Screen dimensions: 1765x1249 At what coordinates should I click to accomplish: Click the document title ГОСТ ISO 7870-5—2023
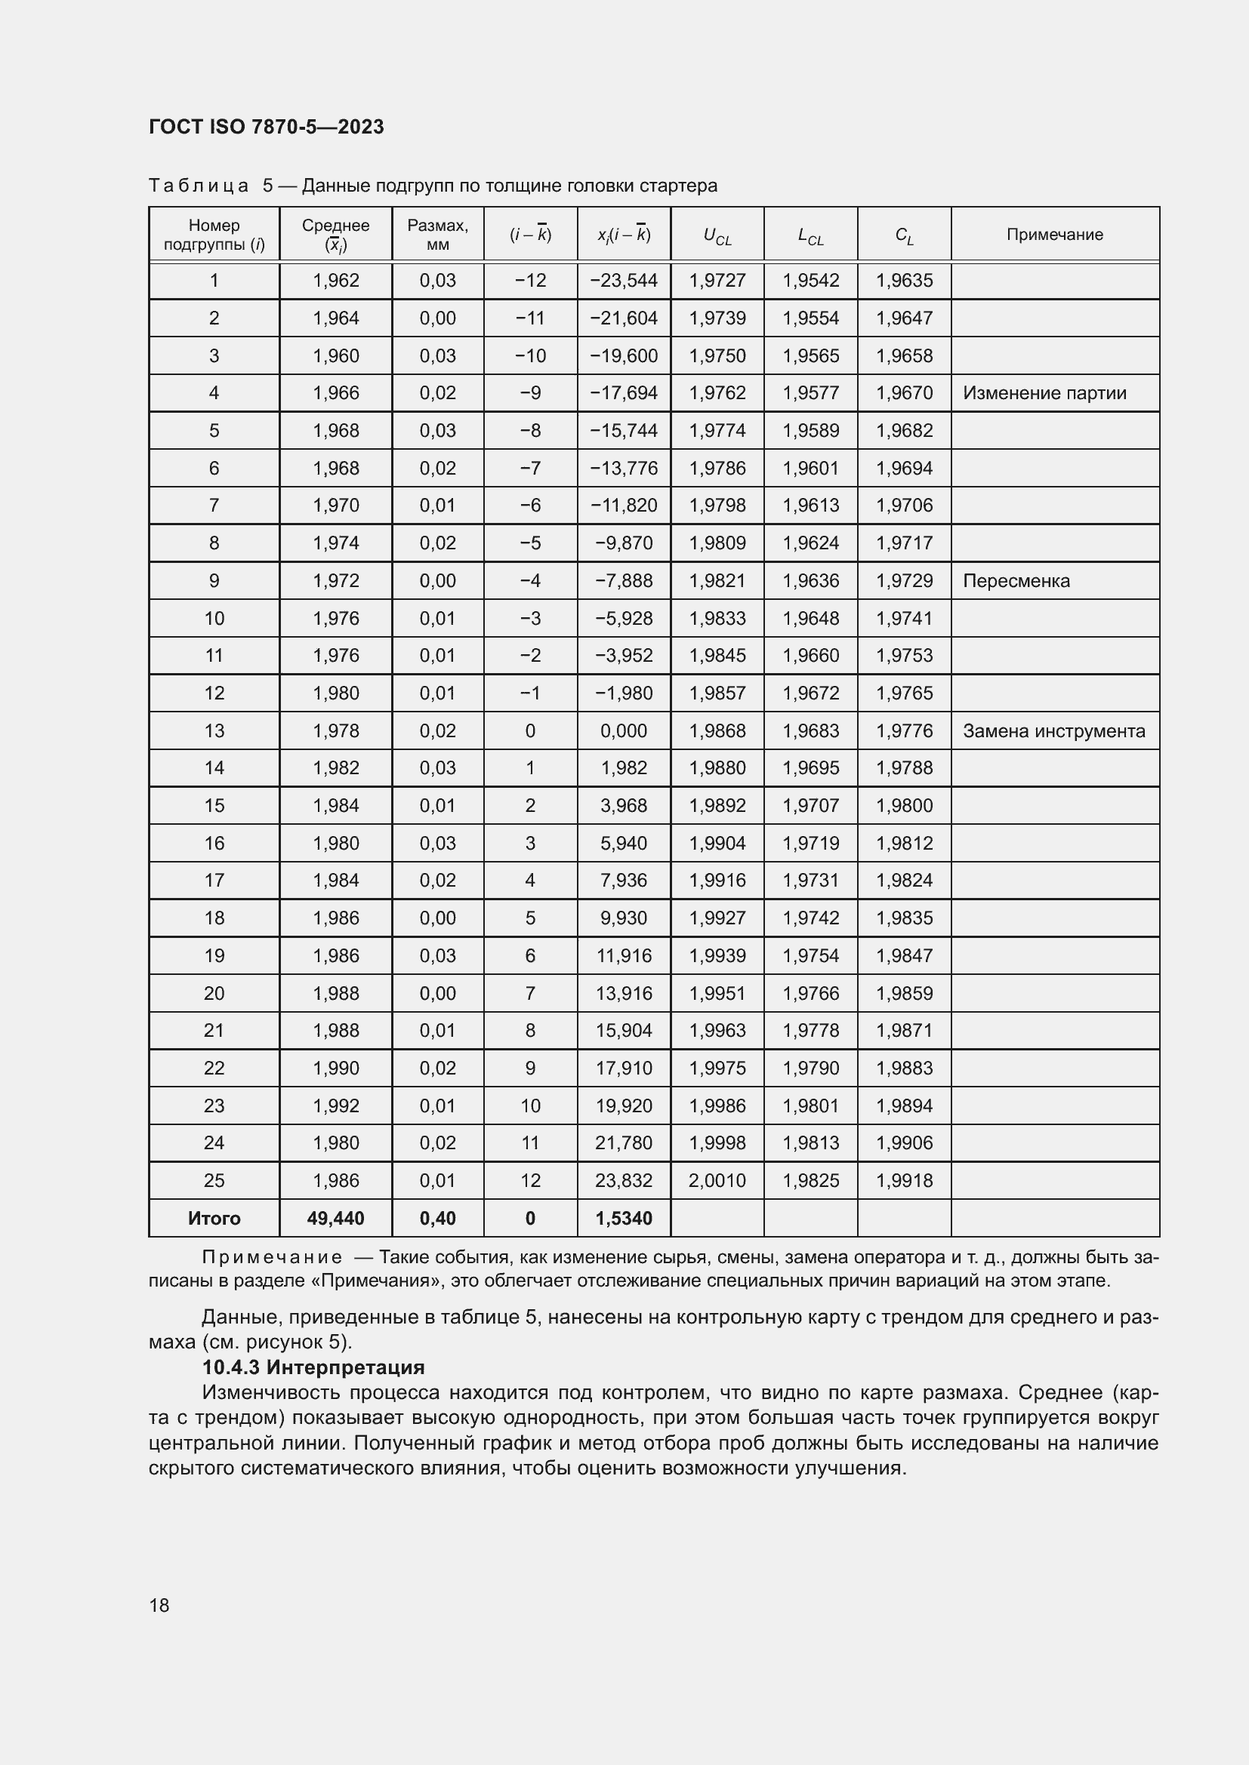tap(266, 127)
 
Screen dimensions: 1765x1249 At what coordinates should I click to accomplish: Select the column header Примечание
tap(1054, 235)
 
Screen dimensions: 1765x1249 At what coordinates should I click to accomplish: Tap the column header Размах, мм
tap(438, 235)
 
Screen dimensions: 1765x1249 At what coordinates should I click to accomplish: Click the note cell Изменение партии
tap(1044, 393)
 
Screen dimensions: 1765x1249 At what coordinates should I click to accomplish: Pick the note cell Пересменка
tap(1016, 580)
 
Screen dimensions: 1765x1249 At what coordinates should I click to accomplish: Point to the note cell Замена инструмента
tap(1053, 730)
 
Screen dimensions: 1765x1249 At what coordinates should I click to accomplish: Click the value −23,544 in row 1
tap(624, 280)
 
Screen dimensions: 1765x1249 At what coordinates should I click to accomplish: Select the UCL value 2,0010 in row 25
tap(717, 1180)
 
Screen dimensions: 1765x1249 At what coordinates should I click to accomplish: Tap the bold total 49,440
tap(335, 1218)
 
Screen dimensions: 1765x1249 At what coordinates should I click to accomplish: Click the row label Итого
tap(214, 1218)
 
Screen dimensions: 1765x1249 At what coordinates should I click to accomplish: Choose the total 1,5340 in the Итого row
tap(624, 1218)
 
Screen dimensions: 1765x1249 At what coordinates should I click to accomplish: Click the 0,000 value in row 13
tap(624, 730)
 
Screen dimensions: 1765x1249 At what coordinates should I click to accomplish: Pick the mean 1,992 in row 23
tap(335, 1105)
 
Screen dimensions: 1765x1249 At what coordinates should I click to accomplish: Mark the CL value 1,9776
tap(904, 730)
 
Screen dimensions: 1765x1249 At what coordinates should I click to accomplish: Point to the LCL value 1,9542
tap(810, 280)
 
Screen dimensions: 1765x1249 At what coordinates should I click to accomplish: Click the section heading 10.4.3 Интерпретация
tap(313, 1367)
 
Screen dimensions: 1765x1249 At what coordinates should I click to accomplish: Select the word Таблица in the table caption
tap(199, 186)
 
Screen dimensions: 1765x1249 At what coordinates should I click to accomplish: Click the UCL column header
tap(717, 235)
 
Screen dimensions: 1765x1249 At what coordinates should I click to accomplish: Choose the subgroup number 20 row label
tap(214, 993)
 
